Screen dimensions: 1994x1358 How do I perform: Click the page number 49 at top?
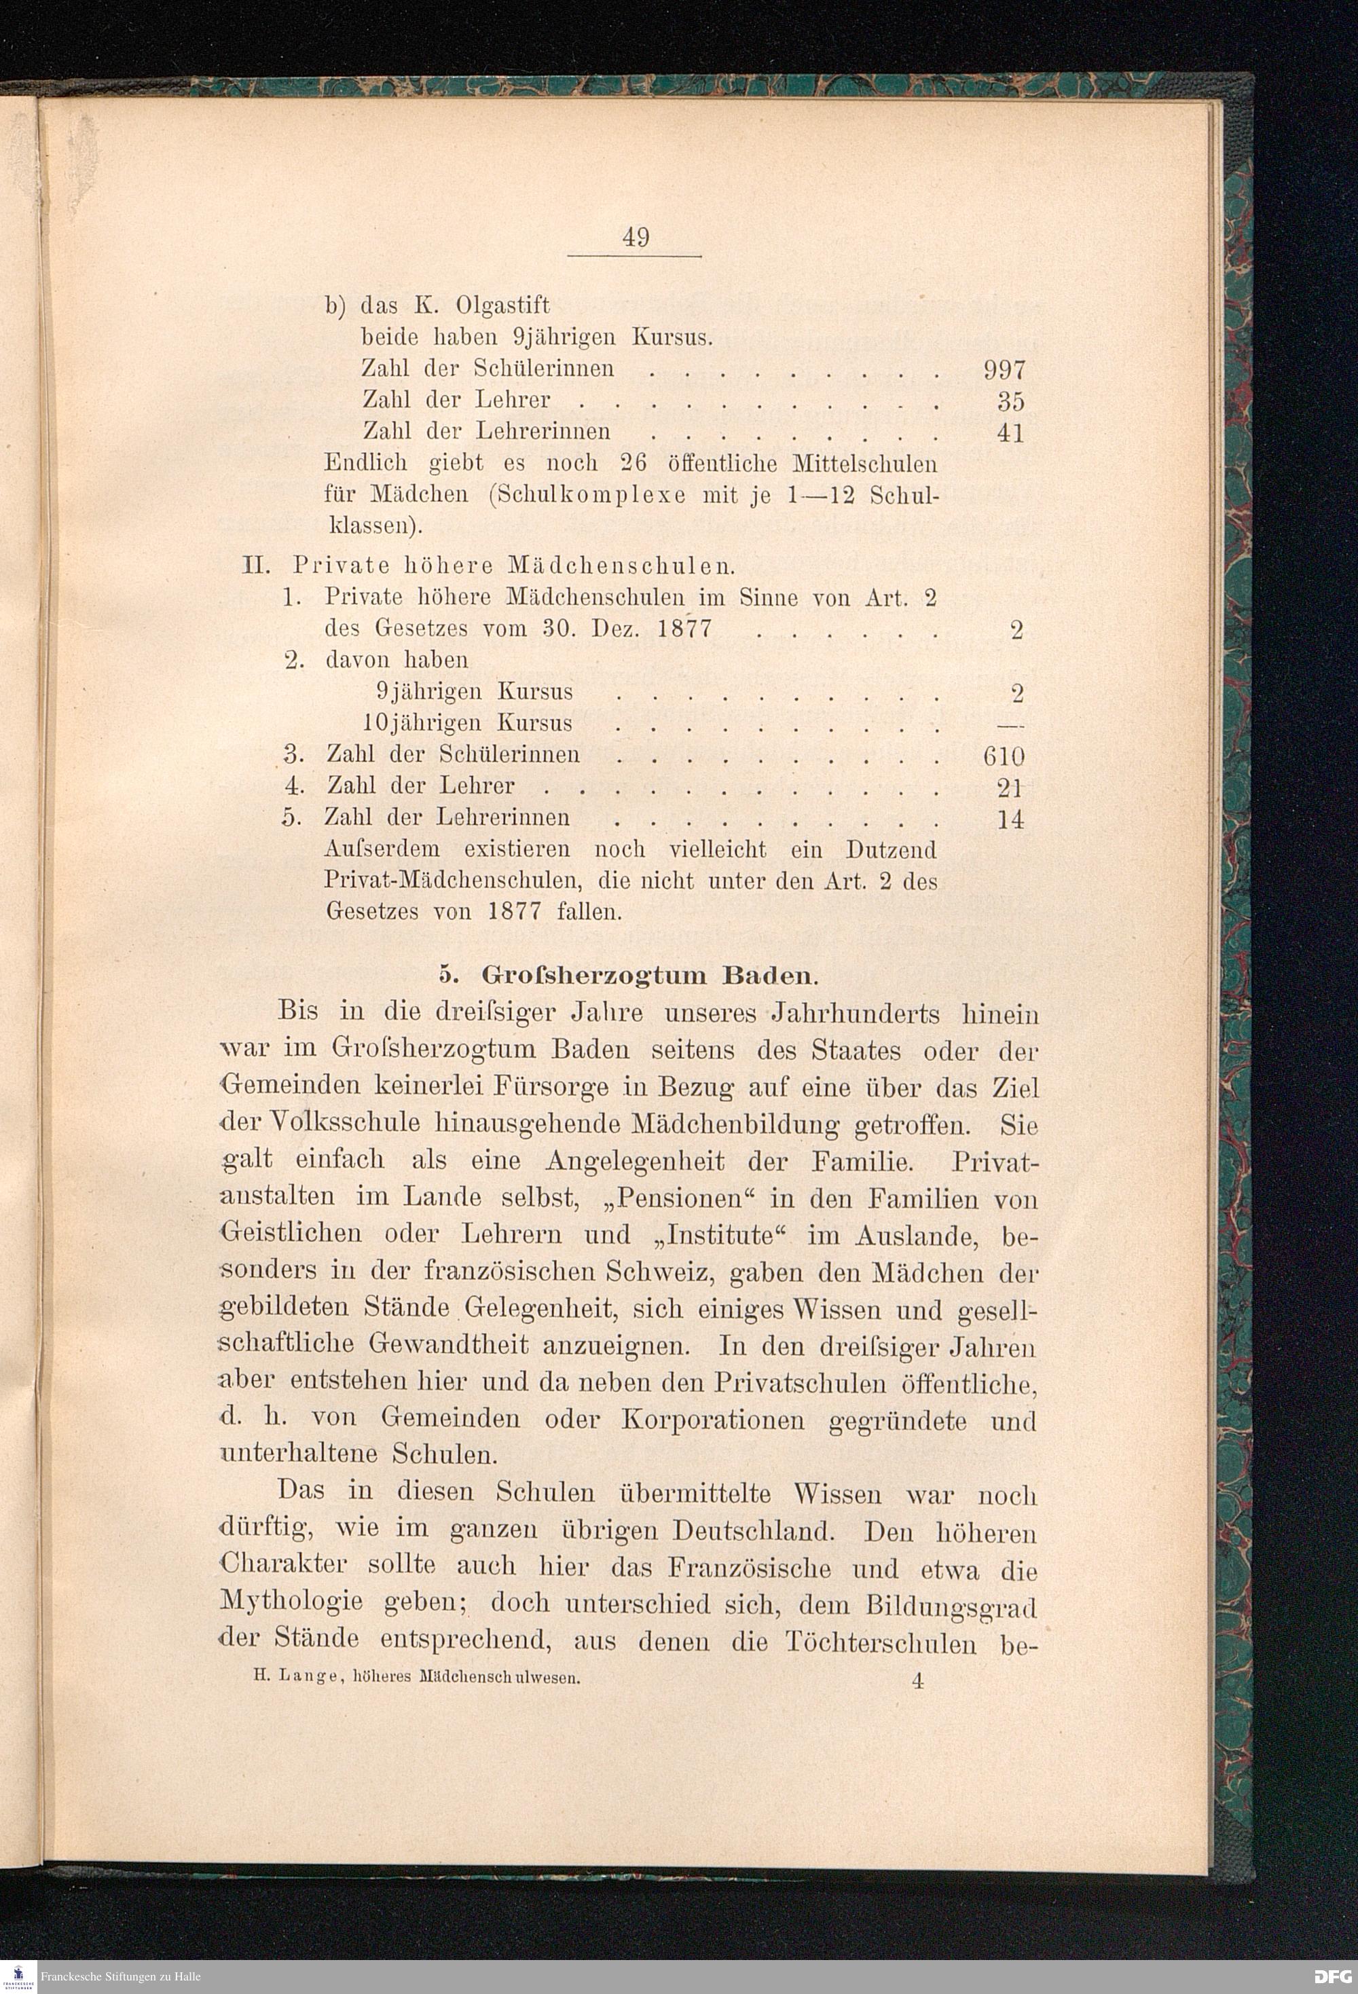click(636, 237)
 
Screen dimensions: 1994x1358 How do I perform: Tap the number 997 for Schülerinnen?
click(1004, 370)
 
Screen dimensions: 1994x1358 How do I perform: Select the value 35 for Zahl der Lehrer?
click(1010, 401)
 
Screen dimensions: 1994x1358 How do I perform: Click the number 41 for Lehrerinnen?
click(1010, 432)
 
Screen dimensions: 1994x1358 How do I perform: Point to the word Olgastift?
click(502, 306)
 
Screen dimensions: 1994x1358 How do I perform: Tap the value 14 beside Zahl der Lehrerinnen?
click(1010, 819)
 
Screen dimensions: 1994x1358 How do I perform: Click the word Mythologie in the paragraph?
click(291, 1602)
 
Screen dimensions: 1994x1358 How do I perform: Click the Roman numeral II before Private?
click(257, 566)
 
